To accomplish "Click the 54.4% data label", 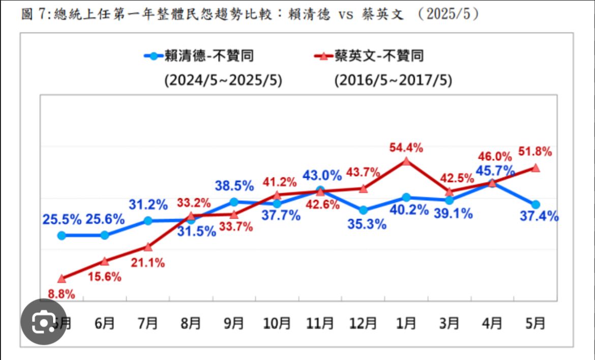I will pyautogui.click(x=406, y=148).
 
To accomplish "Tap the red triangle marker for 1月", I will pyautogui.click(x=406, y=161).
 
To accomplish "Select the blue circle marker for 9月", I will pyautogui.click(x=234, y=202).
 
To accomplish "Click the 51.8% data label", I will pyautogui.click(x=535, y=152).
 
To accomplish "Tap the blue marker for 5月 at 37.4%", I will pyautogui.click(x=535, y=204).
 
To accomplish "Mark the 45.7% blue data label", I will pyautogui.click(x=489, y=169).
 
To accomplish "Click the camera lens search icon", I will pyautogui.click(x=44, y=323).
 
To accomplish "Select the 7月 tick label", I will pyautogui.click(x=148, y=323).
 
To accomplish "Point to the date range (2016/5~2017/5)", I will pyautogui.click(x=393, y=80).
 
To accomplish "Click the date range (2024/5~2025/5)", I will pyautogui.click(x=223, y=80).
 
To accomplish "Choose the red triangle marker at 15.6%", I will pyautogui.click(x=105, y=261).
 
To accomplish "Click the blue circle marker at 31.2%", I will pyautogui.click(x=148, y=221).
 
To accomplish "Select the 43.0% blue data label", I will pyautogui.click(x=322, y=176).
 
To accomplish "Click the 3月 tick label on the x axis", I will pyautogui.click(x=449, y=323).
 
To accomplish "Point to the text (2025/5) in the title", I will pyautogui.click(x=448, y=15).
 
